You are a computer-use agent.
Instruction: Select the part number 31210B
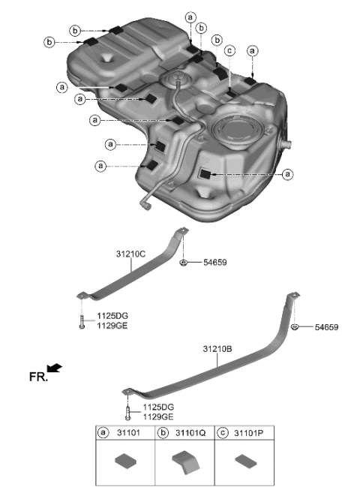pos(218,349)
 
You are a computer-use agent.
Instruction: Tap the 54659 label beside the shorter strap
pos(213,263)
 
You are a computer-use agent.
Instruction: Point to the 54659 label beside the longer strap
pos(326,328)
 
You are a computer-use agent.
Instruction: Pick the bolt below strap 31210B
pos(128,413)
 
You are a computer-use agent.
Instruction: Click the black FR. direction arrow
pos(54,367)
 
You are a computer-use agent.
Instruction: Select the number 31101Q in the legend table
pos(192,434)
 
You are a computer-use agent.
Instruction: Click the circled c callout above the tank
pos(230,51)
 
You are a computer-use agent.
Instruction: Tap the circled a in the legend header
pos(103,434)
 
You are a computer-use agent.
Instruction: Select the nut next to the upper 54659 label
pos(183,263)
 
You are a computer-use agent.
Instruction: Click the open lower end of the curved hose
pos(142,201)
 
